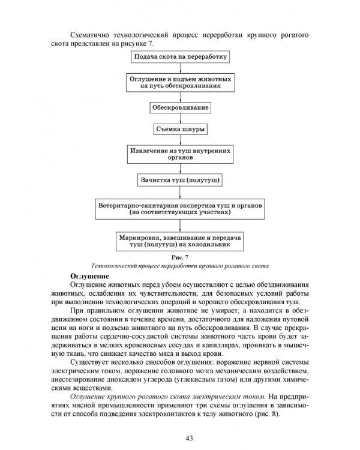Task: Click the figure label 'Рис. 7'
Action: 179,257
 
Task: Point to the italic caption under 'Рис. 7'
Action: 179,265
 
